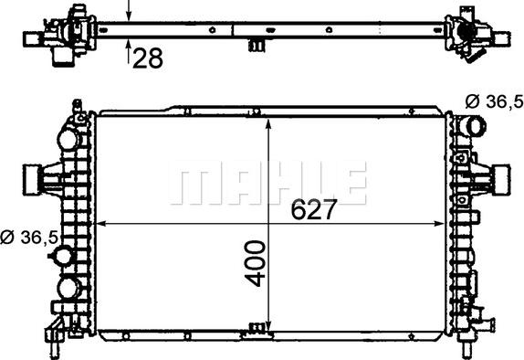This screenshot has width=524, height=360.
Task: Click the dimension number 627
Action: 313,210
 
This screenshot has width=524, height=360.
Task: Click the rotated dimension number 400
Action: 255,263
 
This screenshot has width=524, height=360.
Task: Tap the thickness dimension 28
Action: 148,58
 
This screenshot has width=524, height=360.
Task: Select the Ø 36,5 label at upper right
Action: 494,101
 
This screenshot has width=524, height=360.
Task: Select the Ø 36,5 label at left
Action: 29,238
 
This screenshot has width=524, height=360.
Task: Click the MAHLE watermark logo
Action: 268,183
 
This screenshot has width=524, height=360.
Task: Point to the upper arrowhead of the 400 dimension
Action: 268,123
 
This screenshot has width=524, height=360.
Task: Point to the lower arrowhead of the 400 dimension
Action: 268,325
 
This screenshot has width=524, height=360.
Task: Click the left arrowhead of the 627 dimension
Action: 101,224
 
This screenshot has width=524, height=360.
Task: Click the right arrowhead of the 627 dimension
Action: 439,224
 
